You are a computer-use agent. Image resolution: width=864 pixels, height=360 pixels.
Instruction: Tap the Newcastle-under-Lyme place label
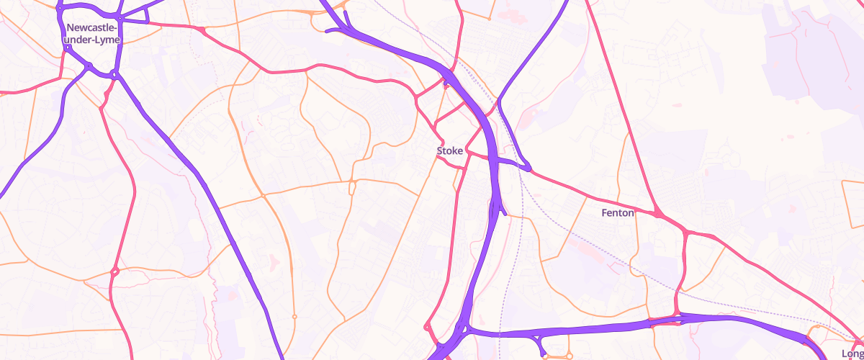coord(93,34)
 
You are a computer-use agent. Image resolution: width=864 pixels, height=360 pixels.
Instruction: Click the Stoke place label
coord(450,151)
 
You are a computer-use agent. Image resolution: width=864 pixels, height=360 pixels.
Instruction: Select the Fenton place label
coord(618,213)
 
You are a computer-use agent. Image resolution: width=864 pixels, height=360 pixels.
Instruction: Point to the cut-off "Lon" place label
coord(852,354)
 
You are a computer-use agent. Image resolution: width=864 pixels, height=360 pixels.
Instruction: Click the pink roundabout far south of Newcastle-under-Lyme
coord(114,271)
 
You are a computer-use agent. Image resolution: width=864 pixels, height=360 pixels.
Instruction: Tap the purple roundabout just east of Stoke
coord(528,168)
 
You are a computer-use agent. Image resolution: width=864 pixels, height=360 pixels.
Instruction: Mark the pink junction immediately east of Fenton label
coord(658,214)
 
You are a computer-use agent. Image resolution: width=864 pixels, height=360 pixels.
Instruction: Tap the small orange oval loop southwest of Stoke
coord(353,188)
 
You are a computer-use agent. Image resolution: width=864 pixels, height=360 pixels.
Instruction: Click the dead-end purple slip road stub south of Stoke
coord(505,213)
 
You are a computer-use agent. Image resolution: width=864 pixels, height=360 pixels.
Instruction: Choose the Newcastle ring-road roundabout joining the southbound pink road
coord(114,74)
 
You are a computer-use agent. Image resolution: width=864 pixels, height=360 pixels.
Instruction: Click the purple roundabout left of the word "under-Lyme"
coord(67,48)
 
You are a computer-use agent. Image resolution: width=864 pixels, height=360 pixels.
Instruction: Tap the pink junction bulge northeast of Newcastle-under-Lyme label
coord(202,30)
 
